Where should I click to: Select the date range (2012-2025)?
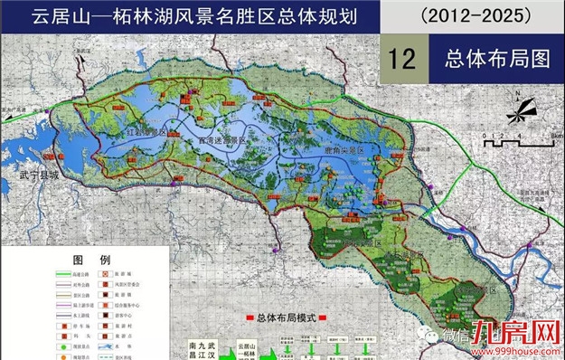471,16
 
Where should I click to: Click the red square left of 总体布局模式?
248,318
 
